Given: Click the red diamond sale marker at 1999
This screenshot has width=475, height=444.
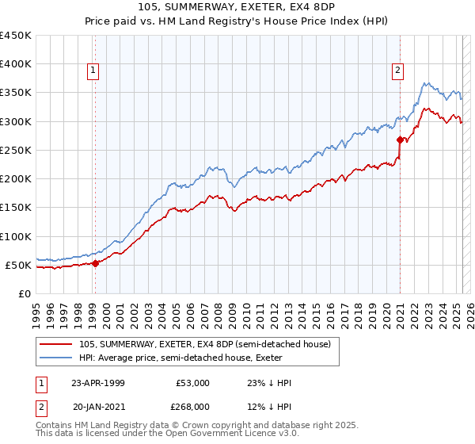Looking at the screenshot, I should pos(95,263).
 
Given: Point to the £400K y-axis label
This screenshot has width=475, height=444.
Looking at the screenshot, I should pos(16,64).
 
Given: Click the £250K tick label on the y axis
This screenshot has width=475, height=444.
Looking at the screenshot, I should pos(16,150).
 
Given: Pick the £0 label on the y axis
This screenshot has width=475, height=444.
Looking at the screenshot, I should pos(25,293).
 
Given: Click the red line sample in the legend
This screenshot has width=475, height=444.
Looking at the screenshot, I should pos(56,343).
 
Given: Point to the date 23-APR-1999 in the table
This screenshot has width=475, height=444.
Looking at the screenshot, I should pos(98,383).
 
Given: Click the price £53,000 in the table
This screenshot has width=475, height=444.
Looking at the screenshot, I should pos(192,383).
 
